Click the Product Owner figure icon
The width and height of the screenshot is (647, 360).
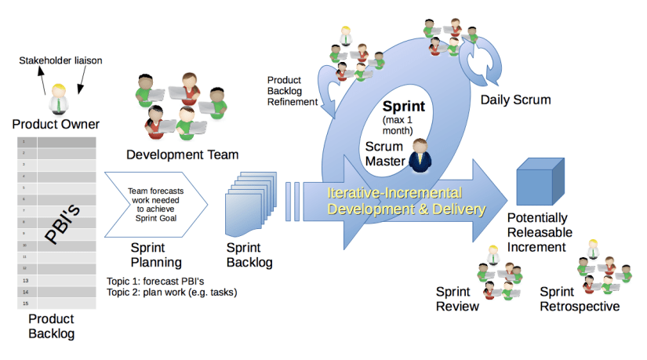[58, 99]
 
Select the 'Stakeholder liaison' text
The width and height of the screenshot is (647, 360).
[61, 60]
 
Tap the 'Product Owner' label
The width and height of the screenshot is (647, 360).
[56, 125]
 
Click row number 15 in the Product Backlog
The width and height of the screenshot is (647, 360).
[25, 304]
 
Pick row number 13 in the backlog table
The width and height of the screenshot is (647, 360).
[25, 280]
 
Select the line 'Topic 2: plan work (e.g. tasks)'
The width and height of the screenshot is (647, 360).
[171, 293]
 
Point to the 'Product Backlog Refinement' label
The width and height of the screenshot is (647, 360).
[293, 91]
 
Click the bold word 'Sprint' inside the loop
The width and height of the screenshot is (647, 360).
[403, 107]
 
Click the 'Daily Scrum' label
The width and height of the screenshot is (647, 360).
[515, 100]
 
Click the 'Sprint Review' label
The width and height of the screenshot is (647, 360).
[457, 299]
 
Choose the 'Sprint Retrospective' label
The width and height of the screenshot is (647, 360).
[580, 299]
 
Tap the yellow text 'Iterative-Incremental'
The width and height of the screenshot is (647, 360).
[394, 193]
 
